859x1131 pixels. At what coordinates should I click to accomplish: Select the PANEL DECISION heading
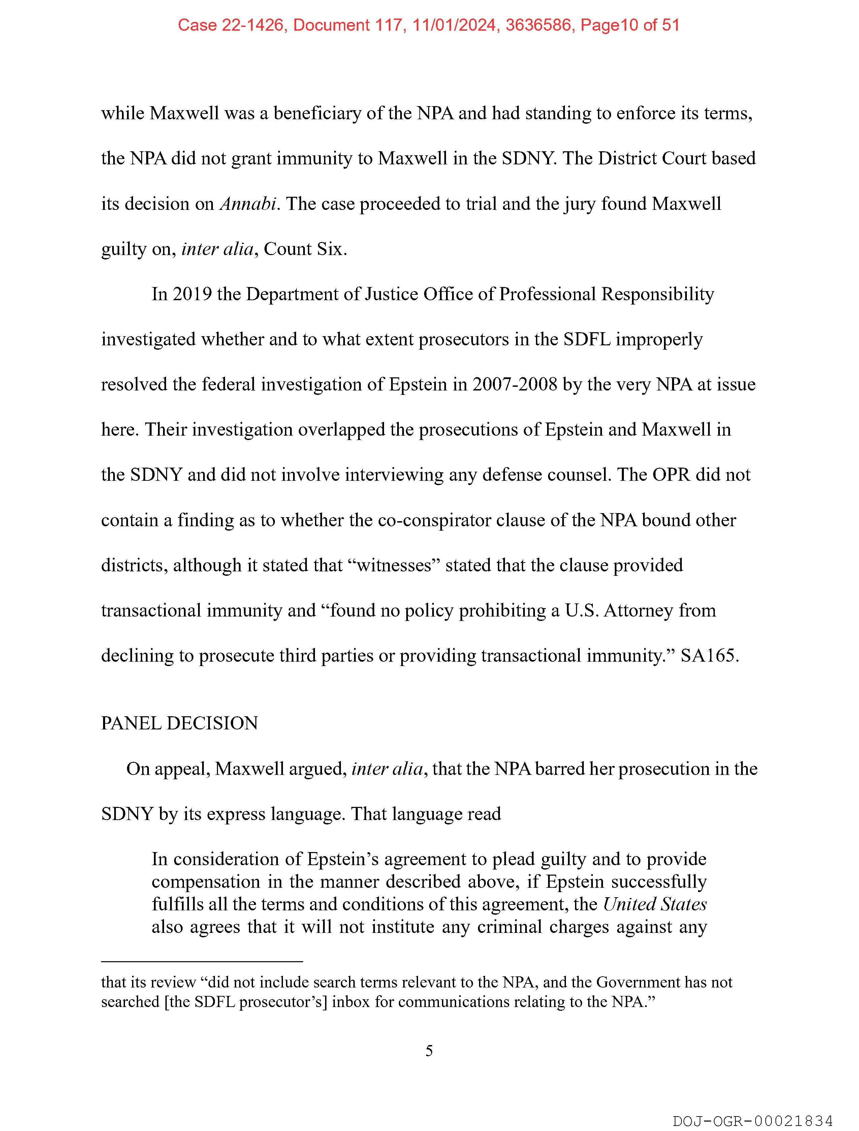pos(180,723)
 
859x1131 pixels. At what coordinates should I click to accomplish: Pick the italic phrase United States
pos(655,904)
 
